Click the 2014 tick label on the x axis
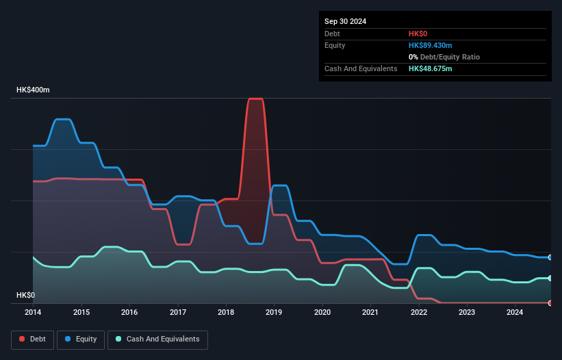click(33, 313)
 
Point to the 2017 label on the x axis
click(177, 313)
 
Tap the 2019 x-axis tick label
click(274, 313)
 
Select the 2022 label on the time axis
click(418, 313)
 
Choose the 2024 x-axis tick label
click(515, 313)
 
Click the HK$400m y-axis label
click(33, 90)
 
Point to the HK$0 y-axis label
click(25, 295)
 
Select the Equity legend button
click(81, 339)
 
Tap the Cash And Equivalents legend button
click(157, 339)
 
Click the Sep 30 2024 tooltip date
click(345, 21)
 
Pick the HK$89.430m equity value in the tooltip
click(430, 45)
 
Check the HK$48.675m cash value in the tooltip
click(430, 68)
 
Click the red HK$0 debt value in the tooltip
click(418, 34)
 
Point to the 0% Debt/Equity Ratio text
click(444, 57)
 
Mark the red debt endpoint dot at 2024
click(550, 303)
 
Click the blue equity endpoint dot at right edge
click(550, 257)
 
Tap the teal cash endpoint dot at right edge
click(550, 278)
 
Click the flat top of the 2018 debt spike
click(255, 99)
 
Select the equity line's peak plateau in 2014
click(62, 119)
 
